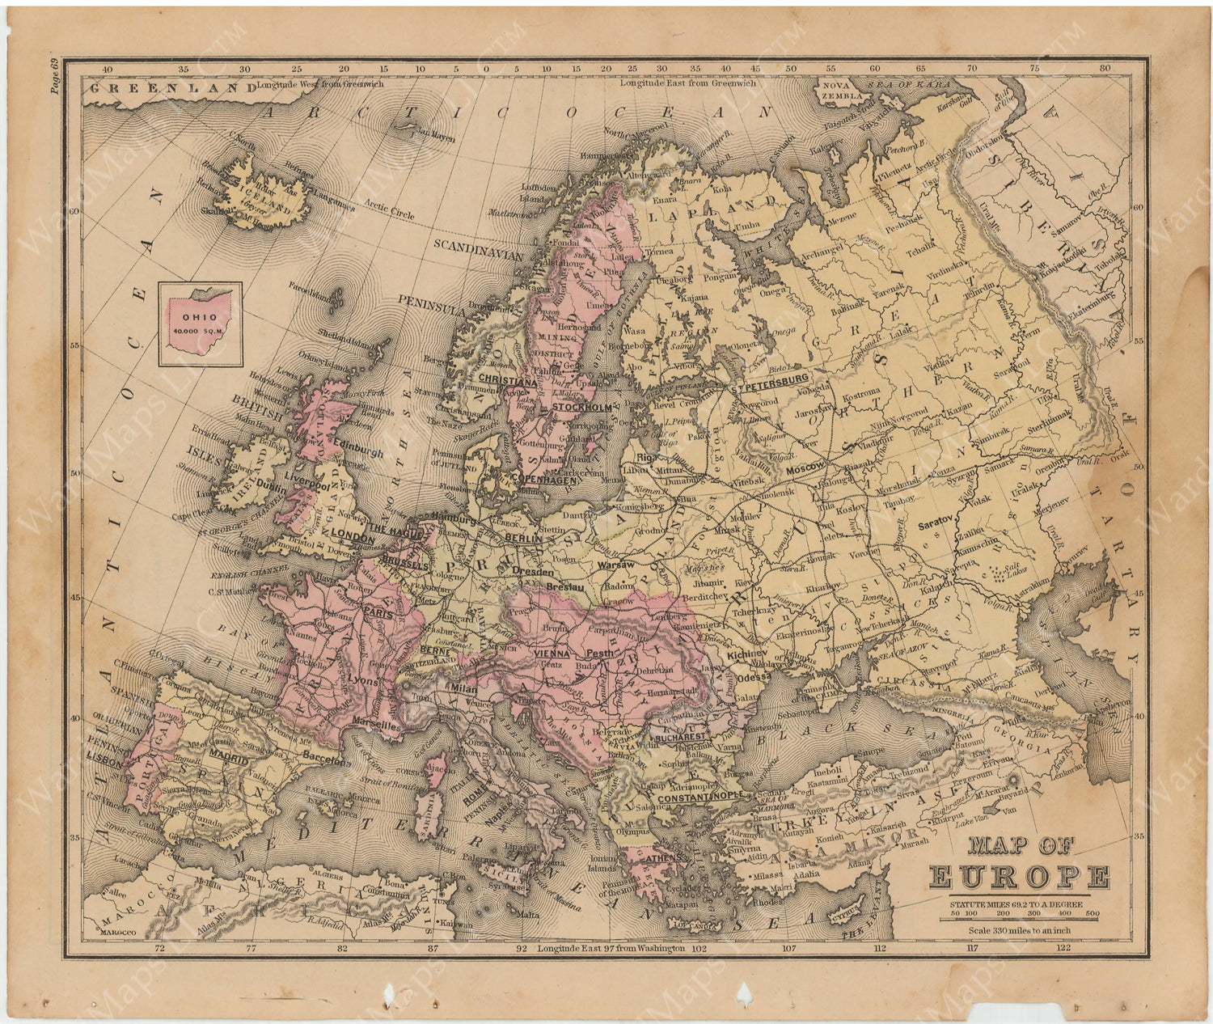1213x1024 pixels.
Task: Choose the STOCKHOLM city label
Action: tap(581, 407)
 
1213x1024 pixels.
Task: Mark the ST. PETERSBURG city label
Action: tap(768, 379)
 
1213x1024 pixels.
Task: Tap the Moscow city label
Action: tap(804, 468)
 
